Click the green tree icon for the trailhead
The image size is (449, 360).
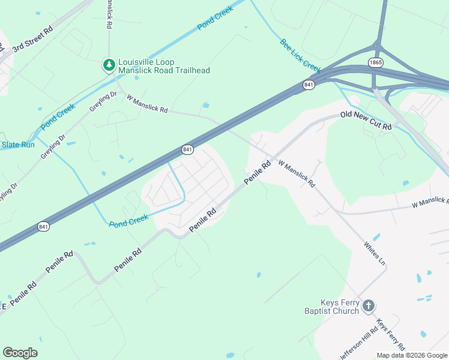pos(109,64)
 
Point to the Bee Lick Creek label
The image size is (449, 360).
pos(300,55)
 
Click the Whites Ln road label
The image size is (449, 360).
pos(375,254)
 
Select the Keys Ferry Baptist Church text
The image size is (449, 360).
pos(331,307)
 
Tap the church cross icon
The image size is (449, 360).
pos(369,306)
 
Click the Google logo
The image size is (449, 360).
pos(20,353)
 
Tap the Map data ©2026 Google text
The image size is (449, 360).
pos(411,355)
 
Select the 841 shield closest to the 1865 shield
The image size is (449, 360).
pos(309,85)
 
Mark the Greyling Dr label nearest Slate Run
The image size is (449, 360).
pos(53,146)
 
